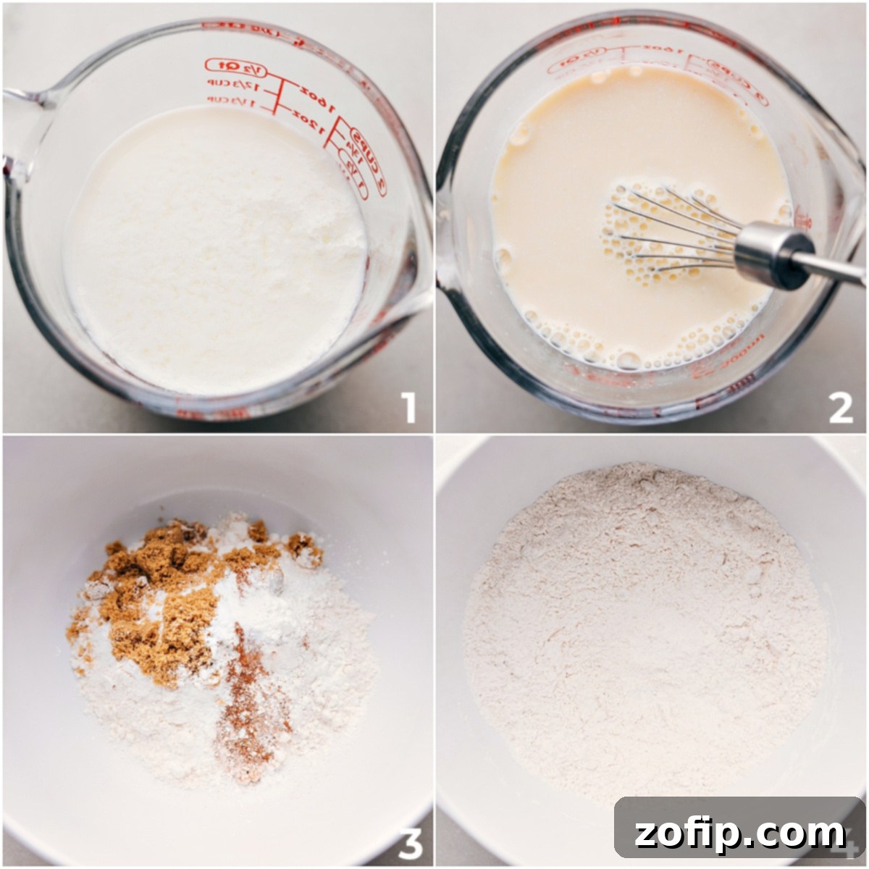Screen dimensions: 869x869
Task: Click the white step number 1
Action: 410,408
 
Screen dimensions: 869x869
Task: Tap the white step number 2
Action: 841,408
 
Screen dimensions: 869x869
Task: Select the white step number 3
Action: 410,842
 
